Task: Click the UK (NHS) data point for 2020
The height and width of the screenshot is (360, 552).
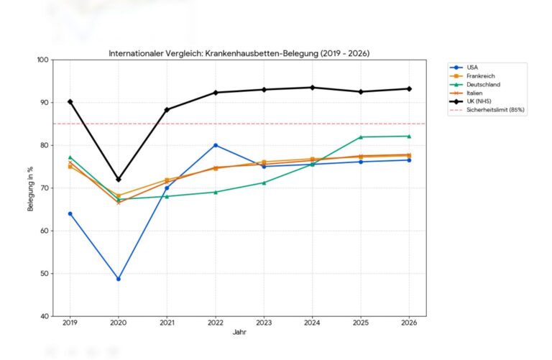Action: pyautogui.click(x=119, y=179)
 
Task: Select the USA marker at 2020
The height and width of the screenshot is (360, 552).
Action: pyautogui.click(x=119, y=279)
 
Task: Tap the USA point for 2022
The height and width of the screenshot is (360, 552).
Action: pyautogui.click(x=216, y=145)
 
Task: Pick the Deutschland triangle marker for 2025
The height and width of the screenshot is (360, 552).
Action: pyautogui.click(x=361, y=137)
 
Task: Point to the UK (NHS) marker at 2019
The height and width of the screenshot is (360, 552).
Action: pyautogui.click(x=70, y=101)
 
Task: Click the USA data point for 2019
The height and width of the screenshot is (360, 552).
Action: pyautogui.click(x=70, y=213)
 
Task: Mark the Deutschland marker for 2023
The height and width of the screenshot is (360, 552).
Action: pyautogui.click(x=264, y=183)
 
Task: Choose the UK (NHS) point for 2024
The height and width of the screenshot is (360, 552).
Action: pyautogui.click(x=313, y=88)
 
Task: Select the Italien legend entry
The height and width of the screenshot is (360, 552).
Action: pyautogui.click(x=474, y=93)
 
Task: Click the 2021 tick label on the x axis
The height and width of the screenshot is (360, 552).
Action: pyautogui.click(x=167, y=323)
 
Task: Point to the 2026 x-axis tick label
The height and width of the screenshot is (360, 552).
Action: pyautogui.click(x=409, y=323)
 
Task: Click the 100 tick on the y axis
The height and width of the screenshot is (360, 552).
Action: pyautogui.click(x=42, y=60)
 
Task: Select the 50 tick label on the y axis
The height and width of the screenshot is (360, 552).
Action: pyautogui.click(x=45, y=273)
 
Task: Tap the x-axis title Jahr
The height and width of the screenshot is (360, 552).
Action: pyautogui.click(x=239, y=333)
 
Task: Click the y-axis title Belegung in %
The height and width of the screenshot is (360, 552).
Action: pyautogui.click(x=30, y=188)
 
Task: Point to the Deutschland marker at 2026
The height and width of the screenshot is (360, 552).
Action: pyautogui.click(x=409, y=136)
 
